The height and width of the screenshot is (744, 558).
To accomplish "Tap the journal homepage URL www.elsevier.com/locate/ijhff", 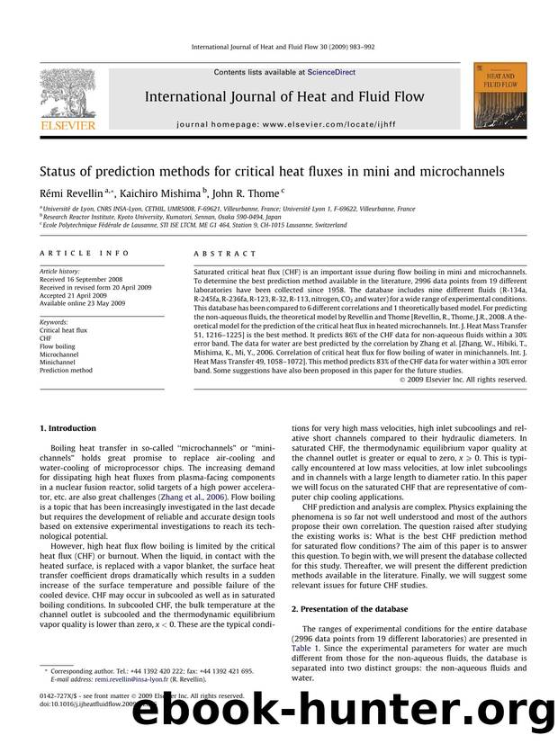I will pos(327,119).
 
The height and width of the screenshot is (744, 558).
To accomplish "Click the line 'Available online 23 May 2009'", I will pos(84,301).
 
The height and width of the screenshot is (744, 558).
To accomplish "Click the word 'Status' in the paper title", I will pos(60,171).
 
